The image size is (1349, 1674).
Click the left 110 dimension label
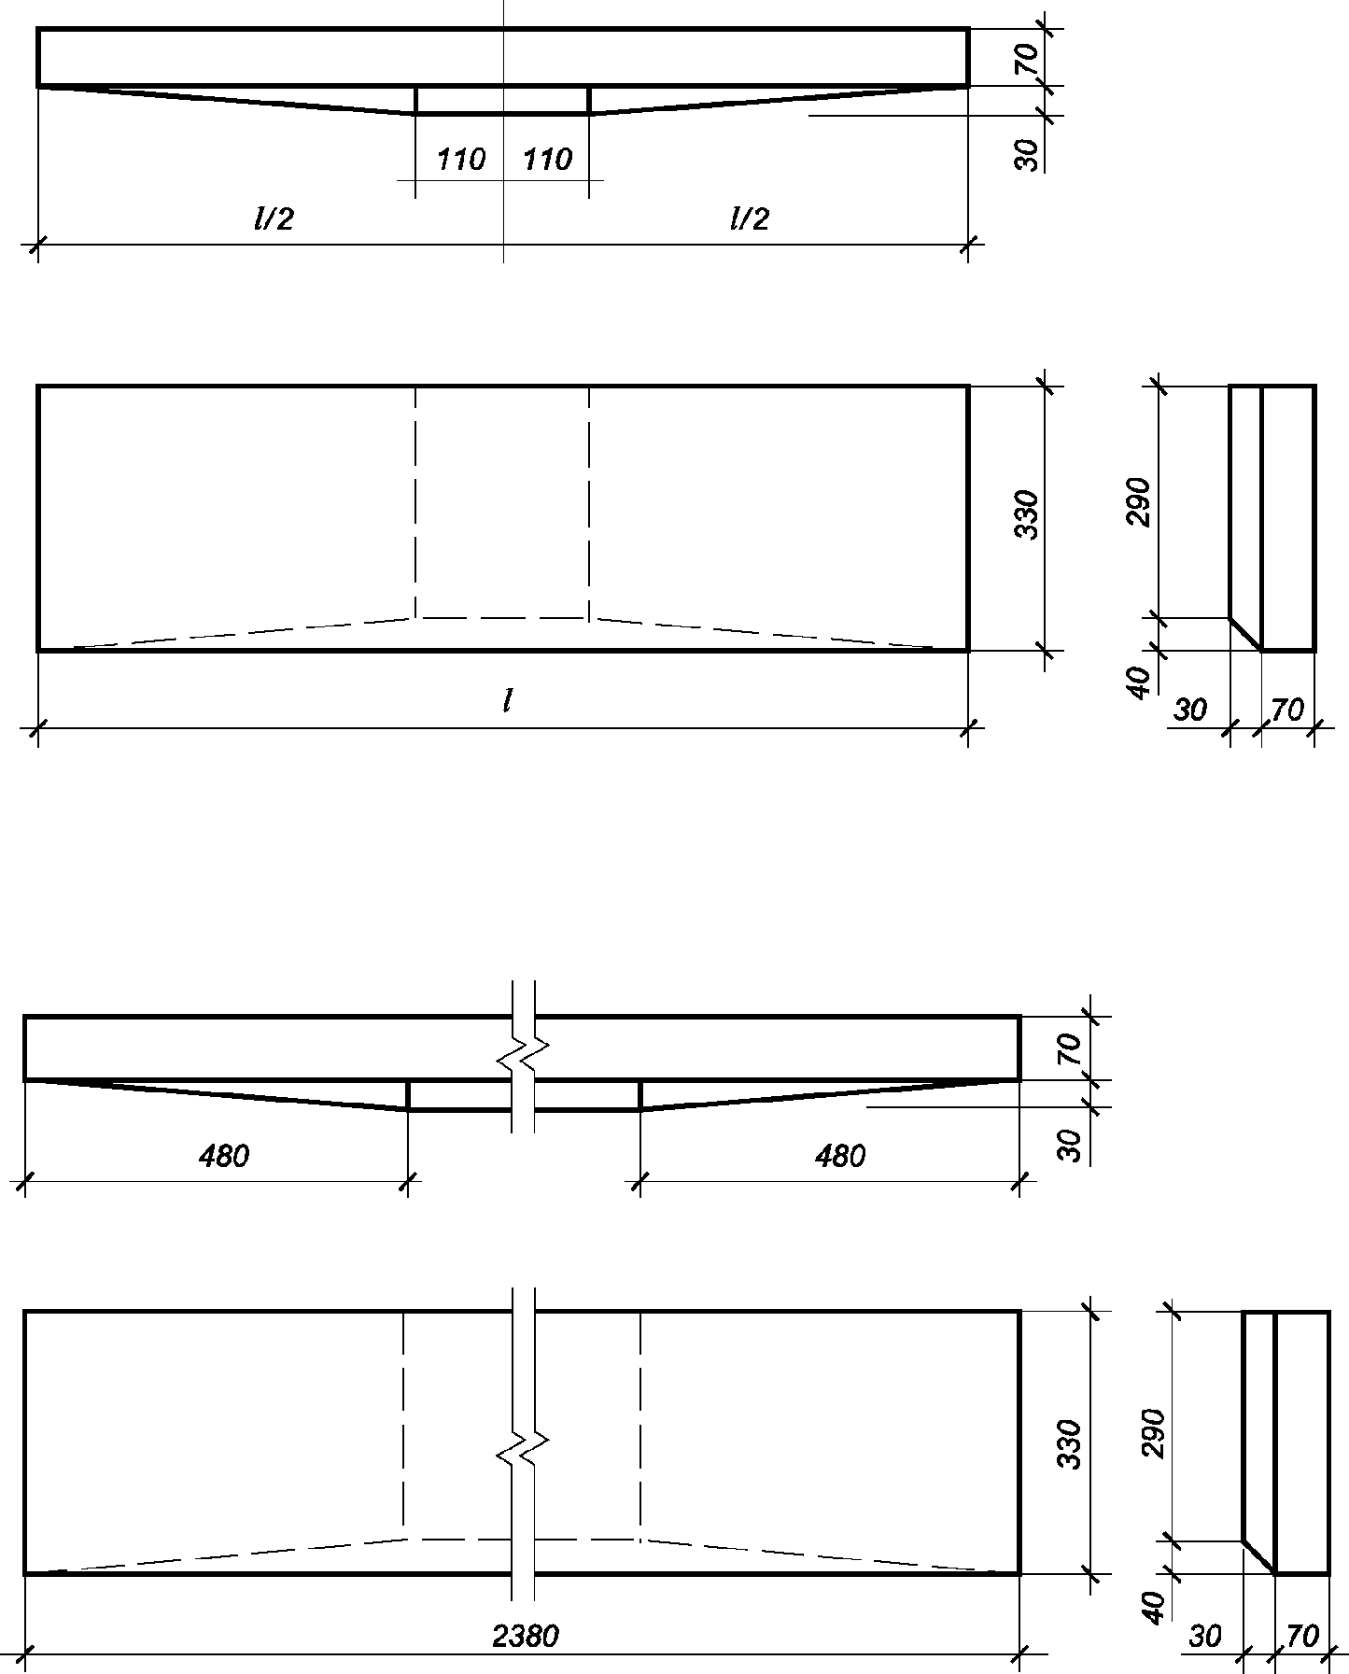[x=461, y=160]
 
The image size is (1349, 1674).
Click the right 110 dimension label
[x=547, y=160]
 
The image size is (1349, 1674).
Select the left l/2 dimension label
[x=274, y=218]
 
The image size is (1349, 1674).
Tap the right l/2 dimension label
[x=749, y=218]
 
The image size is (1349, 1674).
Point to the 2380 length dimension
[x=526, y=1636]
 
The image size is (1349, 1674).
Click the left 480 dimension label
[x=224, y=1157]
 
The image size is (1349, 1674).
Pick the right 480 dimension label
[x=840, y=1157]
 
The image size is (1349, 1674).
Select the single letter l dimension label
[x=506, y=701]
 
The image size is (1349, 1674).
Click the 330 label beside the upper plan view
[x=1026, y=513]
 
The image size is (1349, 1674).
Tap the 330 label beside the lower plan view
[x=1070, y=1444]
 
